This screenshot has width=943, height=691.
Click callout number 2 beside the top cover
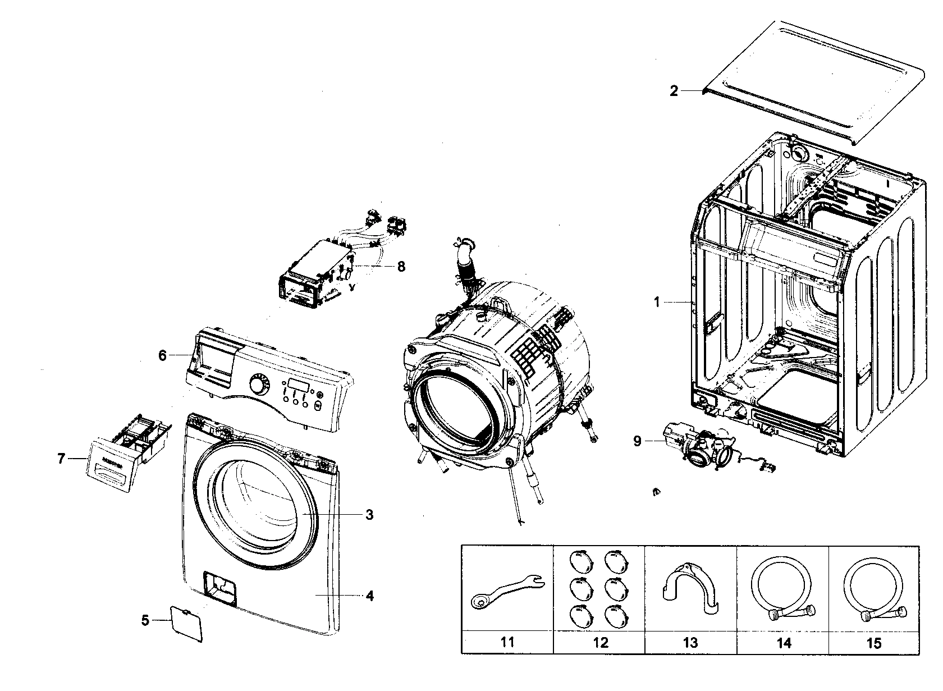(x=674, y=91)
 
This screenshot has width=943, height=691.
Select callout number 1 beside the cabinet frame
(x=657, y=303)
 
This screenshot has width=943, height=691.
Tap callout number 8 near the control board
(x=401, y=266)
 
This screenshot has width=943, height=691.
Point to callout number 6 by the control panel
(x=162, y=355)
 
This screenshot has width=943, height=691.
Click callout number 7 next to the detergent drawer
(x=61, y=459)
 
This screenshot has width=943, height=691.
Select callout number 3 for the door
(x=369, y=514)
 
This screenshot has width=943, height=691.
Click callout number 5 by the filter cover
(x=145, y=621)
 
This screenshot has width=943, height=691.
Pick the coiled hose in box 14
(x=781, y=589)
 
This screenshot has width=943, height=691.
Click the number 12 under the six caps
(x=599, y=642)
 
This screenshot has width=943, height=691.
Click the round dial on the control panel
(x=258, y=386)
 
